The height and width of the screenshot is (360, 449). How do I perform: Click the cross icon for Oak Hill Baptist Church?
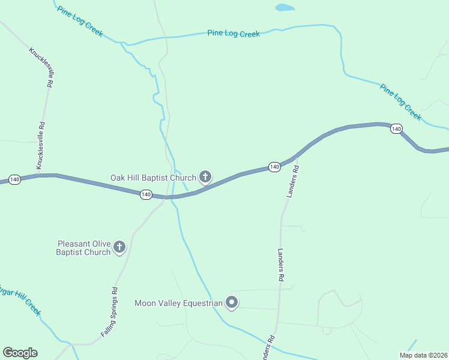205,176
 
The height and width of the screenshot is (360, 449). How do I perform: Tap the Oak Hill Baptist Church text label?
153,178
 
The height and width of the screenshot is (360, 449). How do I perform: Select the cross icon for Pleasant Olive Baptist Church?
119,247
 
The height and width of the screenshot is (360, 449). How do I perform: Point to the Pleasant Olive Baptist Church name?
83,248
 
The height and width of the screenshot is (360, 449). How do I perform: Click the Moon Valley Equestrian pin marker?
232,303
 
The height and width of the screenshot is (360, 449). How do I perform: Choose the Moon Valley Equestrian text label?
179,303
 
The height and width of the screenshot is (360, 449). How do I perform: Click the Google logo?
20,353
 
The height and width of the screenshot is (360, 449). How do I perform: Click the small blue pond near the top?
285,8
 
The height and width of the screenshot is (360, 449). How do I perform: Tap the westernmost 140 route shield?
15,179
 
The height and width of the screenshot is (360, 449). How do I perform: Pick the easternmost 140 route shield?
396,129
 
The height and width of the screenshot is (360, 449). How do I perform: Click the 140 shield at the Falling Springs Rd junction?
145,194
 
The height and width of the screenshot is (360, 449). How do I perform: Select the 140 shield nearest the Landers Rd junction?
274,166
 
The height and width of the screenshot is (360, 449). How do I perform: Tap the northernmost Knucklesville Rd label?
43,67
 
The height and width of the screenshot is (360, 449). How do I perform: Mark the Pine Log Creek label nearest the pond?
234,34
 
